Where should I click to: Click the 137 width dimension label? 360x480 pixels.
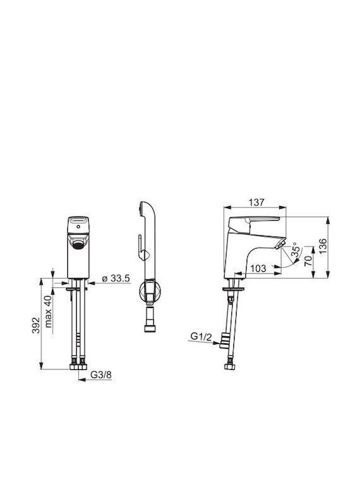[x=256, y=203]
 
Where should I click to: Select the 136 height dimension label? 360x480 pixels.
[x=323, y=247]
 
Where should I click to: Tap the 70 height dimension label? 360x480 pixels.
[x=308, y=260]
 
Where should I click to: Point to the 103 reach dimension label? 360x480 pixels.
[x=259, y=269]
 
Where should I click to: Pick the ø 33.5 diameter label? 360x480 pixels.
[x=116, y=278]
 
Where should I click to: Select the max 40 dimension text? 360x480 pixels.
[x=49, y=311]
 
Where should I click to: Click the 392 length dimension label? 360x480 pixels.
[x=36, y=325]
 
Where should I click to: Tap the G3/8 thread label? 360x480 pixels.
[x=101, y=375]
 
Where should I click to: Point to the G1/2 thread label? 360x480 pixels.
[x=201, y=337]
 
